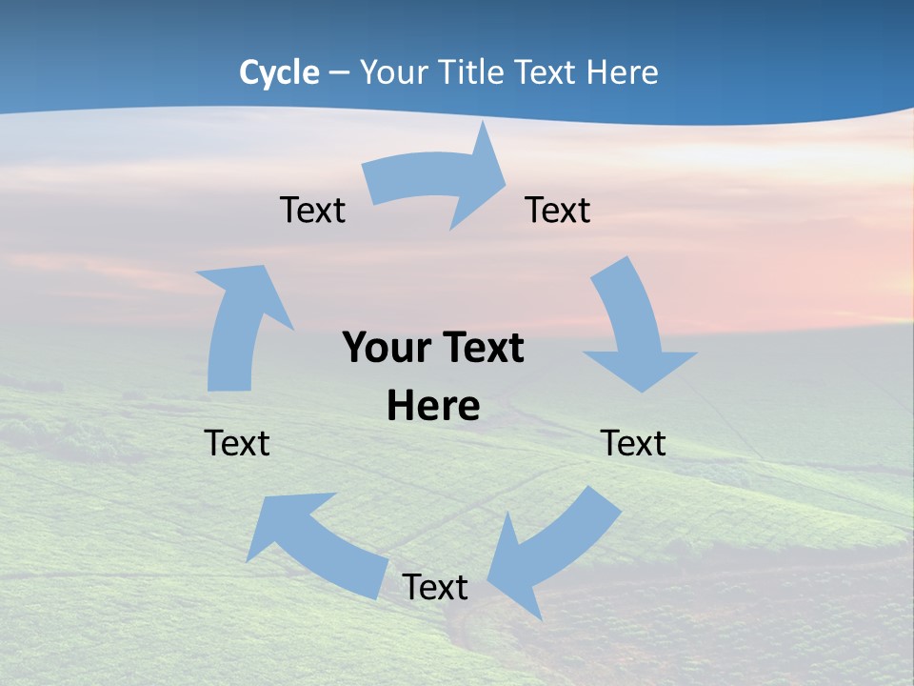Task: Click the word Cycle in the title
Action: [x=279, y=72]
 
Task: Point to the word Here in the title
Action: [x=626, y=72]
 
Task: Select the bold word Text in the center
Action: [x=482, y=348]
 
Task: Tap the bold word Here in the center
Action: [x=433, y=406]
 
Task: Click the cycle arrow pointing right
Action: [x=438, y=181]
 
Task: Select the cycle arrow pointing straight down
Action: [x=632, y=329]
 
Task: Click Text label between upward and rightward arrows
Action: [x=312, y=210]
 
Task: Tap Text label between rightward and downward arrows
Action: [x=558, y=210]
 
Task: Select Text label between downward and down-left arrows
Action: [x=633, y=443]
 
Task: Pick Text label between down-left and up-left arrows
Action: [x=435, y=587]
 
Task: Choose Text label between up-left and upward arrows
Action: [x=237, y=443]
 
